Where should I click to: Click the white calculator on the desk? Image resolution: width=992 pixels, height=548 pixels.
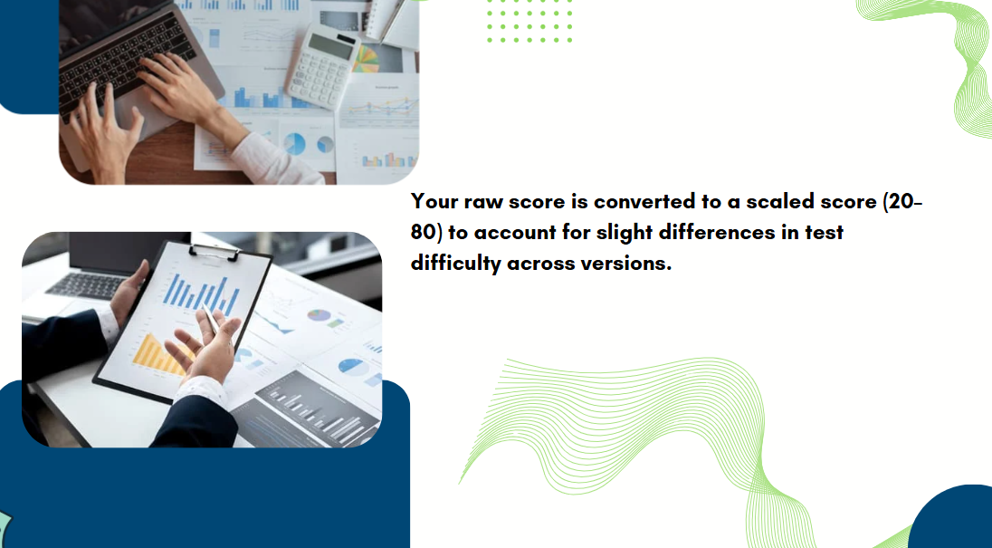(x=322, y=66)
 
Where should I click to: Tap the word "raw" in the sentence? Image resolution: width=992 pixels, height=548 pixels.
(x=483, y=202)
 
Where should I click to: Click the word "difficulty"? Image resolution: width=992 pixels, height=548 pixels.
(x=455, y=264)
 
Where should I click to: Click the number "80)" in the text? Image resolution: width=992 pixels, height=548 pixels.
(x=427, y=233)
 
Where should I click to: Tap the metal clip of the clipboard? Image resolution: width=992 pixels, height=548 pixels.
(x=215, y=253)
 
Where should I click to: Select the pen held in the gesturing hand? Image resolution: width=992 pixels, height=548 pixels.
(x=210, y=320)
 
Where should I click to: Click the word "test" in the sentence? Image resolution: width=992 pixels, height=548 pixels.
(x=825, y=233)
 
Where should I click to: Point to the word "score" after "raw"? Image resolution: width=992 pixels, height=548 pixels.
(x=537, y=202)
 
